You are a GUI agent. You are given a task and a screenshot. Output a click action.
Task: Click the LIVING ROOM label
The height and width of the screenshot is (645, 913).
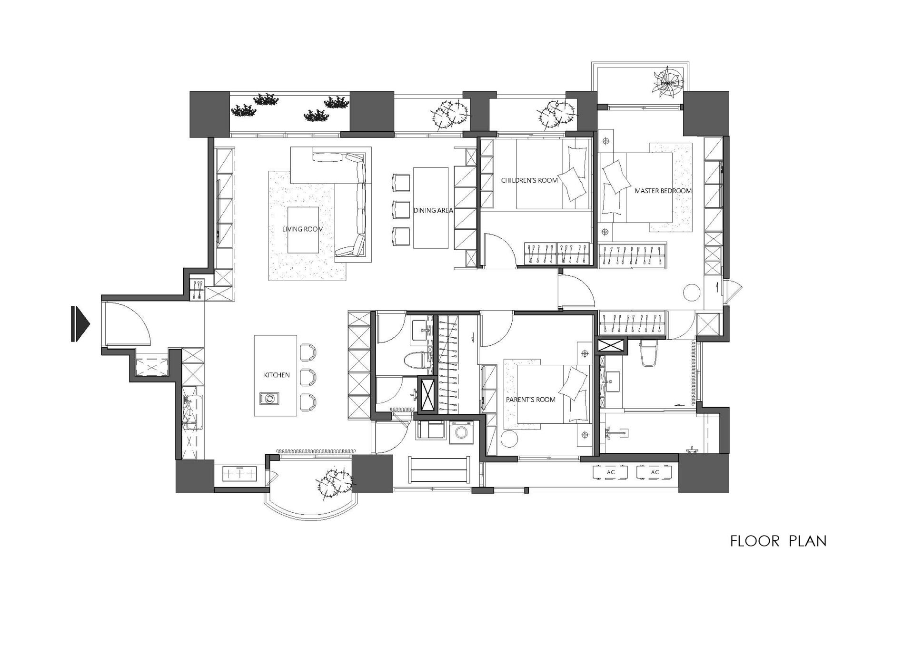(x=303, y=229)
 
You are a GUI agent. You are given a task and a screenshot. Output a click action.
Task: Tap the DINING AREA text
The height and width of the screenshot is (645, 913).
(x=433, y=210)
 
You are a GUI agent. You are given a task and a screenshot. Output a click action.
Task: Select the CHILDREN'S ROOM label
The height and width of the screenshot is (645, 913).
(x=529, y=180)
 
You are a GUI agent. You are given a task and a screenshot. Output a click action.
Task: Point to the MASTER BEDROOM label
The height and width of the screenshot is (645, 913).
(x=663, y=191)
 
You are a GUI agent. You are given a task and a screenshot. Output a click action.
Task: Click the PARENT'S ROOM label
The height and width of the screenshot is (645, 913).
(x=530, y=400)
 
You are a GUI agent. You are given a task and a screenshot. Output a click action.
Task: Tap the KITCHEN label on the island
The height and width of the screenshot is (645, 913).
(x=277, y=375)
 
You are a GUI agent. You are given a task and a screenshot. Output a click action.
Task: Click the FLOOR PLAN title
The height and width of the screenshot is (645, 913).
(x=778, y=541)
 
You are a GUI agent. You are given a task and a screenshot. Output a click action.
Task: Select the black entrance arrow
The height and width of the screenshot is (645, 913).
(x=80, y=324)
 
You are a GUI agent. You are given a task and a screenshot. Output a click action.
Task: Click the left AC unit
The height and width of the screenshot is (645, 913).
(x=611, y=472)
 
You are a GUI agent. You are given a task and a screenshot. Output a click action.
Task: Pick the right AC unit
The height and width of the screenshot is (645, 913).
(x=655, y=472)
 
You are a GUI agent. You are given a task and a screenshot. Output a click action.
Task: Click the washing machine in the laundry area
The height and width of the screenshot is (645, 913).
(x=461, y=432)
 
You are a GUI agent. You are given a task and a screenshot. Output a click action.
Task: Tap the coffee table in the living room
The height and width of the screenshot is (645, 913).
(x=303, y=230)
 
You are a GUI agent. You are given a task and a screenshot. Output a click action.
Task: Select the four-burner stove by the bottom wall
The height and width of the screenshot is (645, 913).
(x=239, y=474)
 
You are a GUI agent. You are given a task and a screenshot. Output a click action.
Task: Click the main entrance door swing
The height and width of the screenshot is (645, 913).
(x=128, y=324)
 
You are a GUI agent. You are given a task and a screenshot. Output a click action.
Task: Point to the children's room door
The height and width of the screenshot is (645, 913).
(x=499, y=249)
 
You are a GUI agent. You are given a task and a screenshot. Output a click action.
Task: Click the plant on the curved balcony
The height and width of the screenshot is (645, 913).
(x=335, y=482)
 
